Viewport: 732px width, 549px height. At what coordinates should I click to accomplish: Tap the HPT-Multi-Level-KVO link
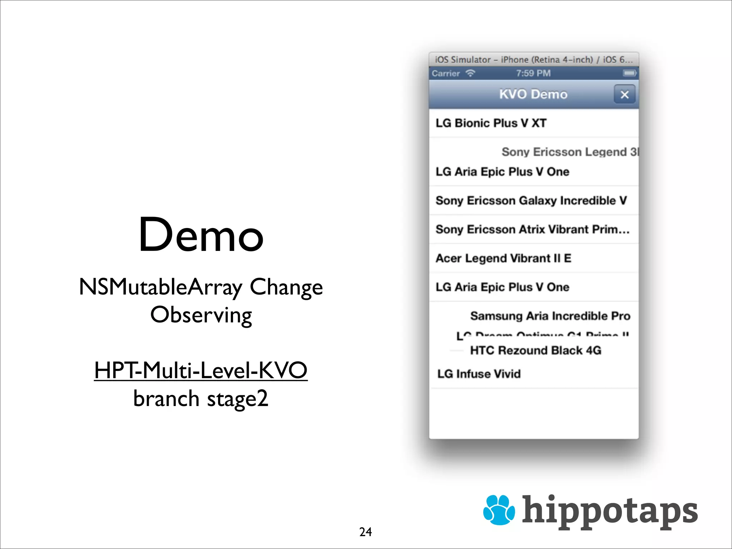point(201,370)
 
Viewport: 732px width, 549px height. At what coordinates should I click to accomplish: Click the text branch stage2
point(201,399)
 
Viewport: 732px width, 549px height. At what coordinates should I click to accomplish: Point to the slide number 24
point(365,532)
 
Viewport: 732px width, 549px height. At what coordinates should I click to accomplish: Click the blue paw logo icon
point(499,510)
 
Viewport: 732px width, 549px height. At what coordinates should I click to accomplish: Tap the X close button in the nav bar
point(624,95)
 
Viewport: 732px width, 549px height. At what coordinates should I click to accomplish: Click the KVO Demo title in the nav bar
point(533,94)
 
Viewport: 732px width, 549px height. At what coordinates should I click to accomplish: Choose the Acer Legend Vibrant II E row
point(503,258)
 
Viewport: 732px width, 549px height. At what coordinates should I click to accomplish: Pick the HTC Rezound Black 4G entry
point(535,350)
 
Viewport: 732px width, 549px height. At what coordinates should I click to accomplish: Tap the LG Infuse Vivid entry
point(479,374)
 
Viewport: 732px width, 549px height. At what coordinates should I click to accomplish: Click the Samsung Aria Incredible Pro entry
point(550,316)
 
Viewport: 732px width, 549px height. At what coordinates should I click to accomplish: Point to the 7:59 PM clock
point(533,73)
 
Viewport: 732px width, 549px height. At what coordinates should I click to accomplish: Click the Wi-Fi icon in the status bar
point(470,73)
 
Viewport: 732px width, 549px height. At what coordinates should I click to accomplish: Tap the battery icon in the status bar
point(629,73)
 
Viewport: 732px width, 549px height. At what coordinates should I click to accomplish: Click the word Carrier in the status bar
point(446,73)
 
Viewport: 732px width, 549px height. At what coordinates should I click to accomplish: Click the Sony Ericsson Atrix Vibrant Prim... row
point(532,229)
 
